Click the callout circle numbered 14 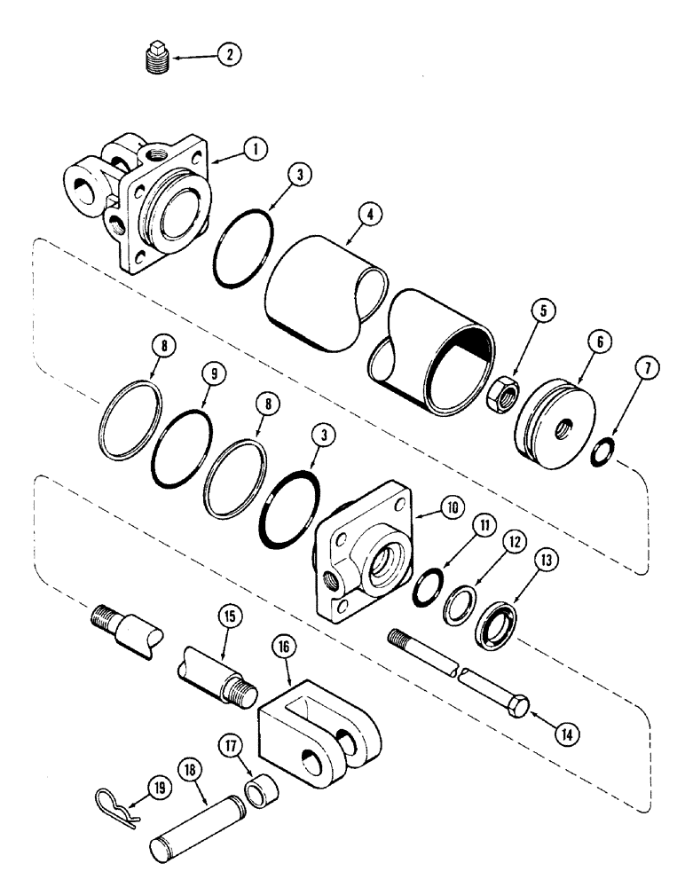click(566, 733)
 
